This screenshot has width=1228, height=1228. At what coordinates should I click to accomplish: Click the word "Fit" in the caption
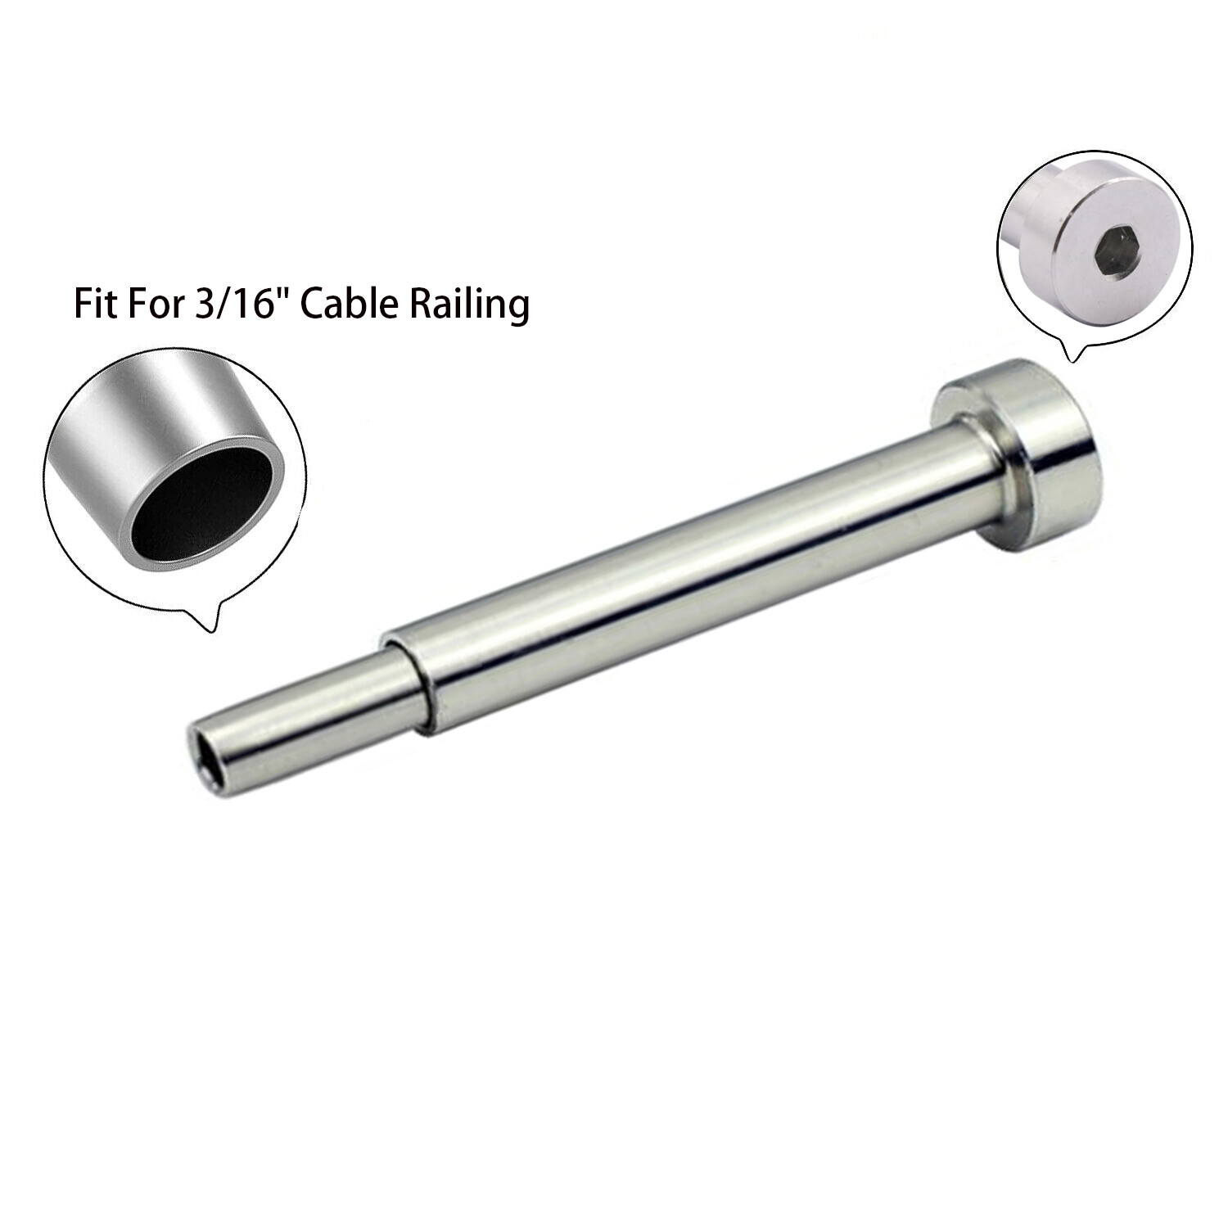click(x=95, y=304)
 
